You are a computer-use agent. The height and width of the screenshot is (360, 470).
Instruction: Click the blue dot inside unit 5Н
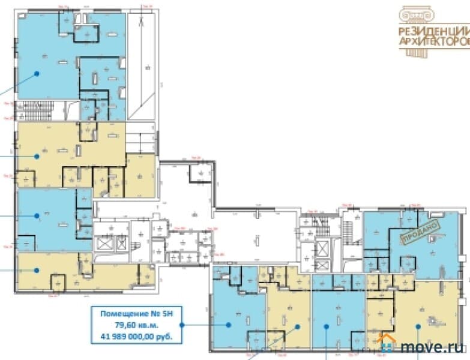[229, 325]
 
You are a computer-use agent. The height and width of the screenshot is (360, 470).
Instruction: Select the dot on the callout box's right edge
[181, 325]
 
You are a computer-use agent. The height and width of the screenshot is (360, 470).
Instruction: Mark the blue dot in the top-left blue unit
[37, 74]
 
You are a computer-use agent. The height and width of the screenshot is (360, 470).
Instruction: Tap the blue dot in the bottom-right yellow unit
[418, 326]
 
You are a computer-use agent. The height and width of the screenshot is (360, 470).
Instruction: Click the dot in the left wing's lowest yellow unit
[37, 270]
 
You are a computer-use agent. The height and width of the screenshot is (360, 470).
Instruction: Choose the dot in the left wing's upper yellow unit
[37, 156]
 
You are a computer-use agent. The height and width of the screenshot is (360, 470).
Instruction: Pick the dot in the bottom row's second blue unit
[326, 326]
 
